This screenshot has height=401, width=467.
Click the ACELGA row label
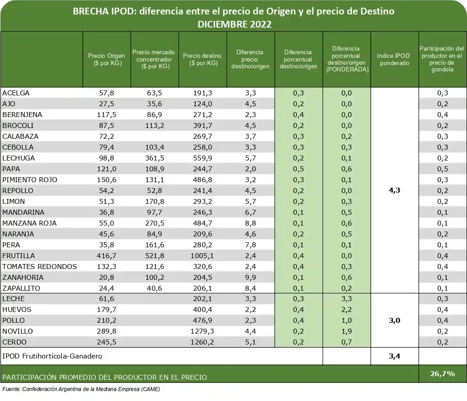point(16,93)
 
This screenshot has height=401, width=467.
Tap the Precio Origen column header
point(106,60)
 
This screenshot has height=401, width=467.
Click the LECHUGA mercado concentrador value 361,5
point(155,158)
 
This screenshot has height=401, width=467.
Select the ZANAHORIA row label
point(23,278)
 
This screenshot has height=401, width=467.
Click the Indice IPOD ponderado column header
point(394,60)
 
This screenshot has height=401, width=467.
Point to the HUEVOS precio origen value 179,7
point(106,310)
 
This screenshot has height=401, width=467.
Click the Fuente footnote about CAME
point(81,389)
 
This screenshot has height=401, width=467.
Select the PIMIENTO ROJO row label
point(30,180)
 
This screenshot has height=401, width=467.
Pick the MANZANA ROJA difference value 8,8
point(250,223)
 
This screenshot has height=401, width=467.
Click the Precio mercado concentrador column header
point(155,59)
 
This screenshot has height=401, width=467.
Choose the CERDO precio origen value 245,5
point(106,342)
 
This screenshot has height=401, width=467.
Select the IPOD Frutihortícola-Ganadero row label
point(52,356)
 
